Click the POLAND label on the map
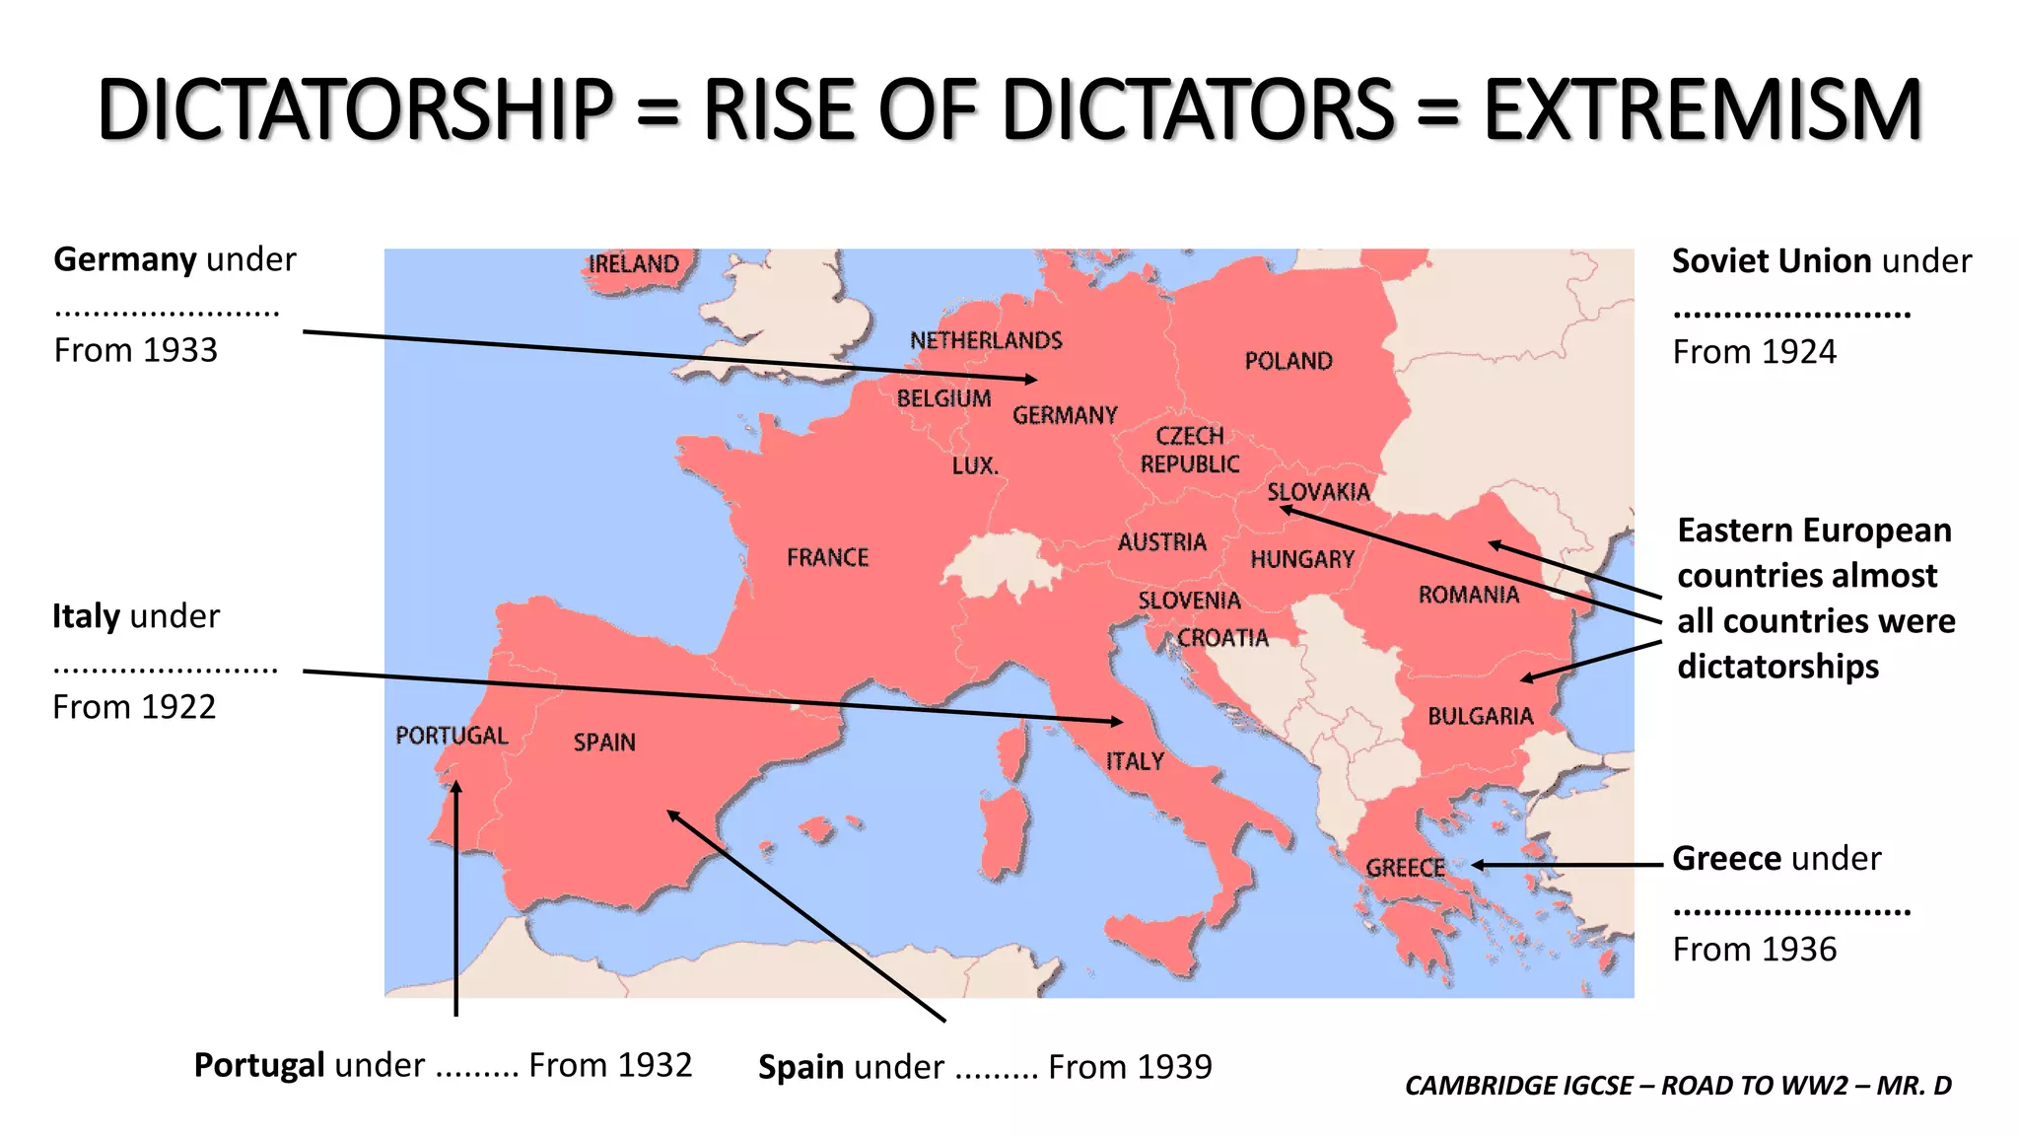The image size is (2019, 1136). pyautogui.click(x=1288, y=361)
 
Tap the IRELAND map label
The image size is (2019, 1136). pyautogui.click(x=634, y=264)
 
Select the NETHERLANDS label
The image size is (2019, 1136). pyautogui.click(x=986, y=341)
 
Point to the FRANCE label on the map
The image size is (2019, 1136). pyautogui.click(x=827, y=558)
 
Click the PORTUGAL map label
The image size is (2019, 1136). pyautogui.click(x=452, y=736)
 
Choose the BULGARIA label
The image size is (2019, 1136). pyautogui.click(x=1480, y=717)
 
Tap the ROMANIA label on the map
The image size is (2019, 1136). pyautogui.click(x=1468, y=595)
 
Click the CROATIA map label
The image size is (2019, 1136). pyautogui.click(x=1222, y=638)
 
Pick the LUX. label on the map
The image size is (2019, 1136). pyautogui.click(x=975, y=465)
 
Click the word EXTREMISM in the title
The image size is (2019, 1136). pyautogui.click(x=1703, y=110)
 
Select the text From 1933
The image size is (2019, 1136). pyautogui.click(x=135, y=350)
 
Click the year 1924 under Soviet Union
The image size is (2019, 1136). pyautogui.click(x=1797, y=352)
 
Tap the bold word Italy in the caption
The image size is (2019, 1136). pyautogui.click(x=86, y=616)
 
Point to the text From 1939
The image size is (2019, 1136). pyautogui.click(x=1130, y=1067)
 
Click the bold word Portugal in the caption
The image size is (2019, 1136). pyautogui.click(x=259, y=1065)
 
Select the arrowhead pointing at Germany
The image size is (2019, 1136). pyautogui.click(x=1031, y=379)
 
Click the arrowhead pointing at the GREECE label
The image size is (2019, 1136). pyautogui.click(x=1479, y=865)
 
